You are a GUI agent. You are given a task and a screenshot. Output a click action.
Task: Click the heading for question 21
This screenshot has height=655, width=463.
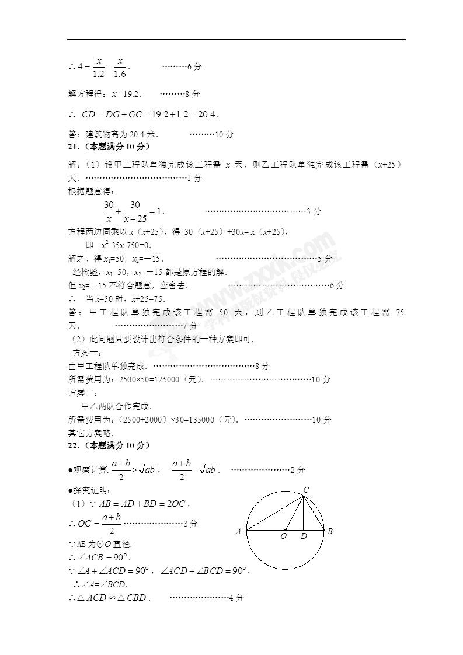pos(110,146)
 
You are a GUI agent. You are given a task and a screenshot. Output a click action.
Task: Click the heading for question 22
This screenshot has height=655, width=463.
pos(110,445)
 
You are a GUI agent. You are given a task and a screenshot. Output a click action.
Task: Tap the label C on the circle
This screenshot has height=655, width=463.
pos(306,489)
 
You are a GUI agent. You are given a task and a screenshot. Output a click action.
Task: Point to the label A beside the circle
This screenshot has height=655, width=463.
pos(238,532)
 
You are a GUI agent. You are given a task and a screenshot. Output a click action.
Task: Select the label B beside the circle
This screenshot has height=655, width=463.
pos(330,531)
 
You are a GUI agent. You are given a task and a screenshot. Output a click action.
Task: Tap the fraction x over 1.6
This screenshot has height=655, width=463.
pos(120,67)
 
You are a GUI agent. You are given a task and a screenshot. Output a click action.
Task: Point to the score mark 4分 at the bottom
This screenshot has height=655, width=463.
pos(236,598)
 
